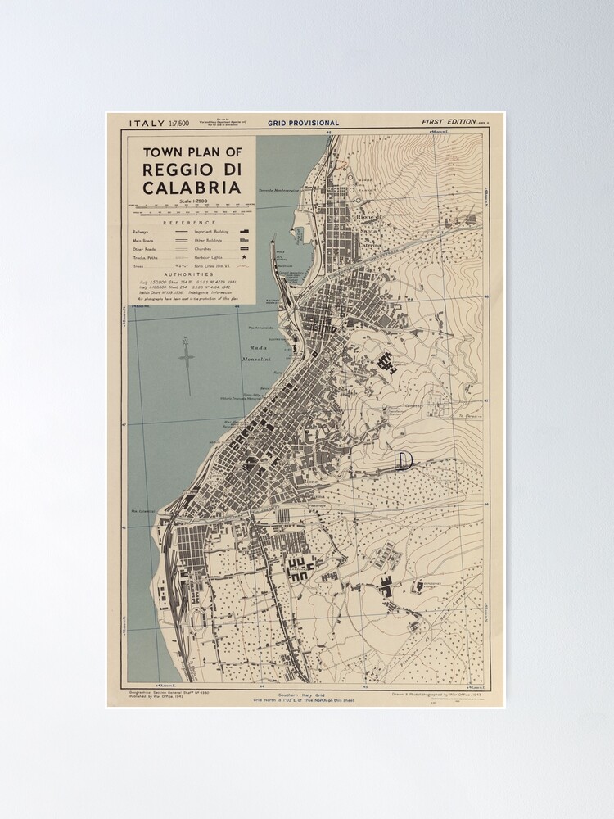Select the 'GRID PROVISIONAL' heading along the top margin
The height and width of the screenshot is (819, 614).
pyautogui.click(x=303, y=123)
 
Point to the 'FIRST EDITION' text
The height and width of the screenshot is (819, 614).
pyautogui.click(x=449, y=122)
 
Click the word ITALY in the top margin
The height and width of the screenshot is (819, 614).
pyautogui.click(x=147, y=123)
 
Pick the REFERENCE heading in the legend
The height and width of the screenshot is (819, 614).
pyautogui.click(x=190, y=223)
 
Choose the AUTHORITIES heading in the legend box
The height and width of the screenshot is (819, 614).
pyautogui.click(x=189, y=274)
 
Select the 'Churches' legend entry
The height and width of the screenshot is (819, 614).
pyautogui.click(x=205, y=248)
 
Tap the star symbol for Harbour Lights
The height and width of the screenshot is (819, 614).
pyautogui.click(x=243, y=257)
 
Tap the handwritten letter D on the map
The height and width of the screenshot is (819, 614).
pyautogui.click(x=403, y=459)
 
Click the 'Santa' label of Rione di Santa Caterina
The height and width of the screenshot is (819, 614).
pyautogui.click(x=368, y=232)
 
